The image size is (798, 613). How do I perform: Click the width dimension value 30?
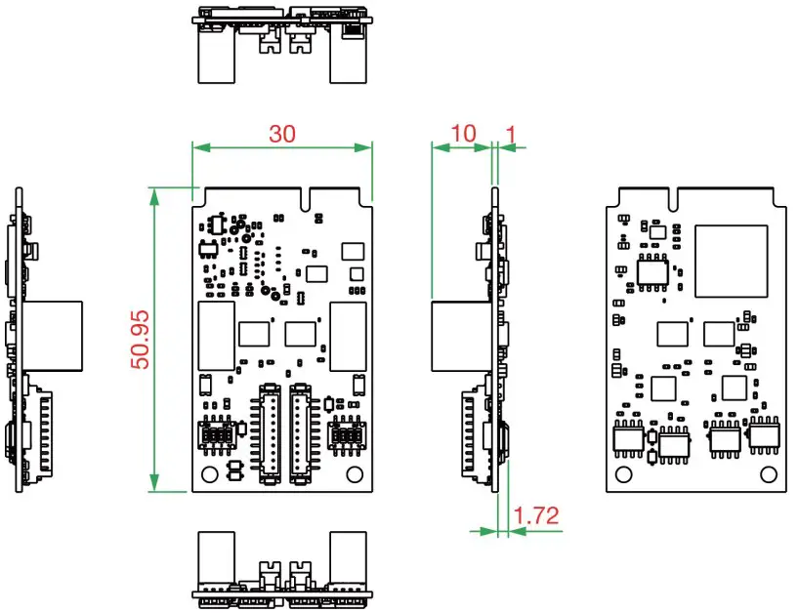[282, 134]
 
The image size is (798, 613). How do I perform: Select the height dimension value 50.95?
[141, 339]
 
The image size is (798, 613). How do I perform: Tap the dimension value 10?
[464, 133]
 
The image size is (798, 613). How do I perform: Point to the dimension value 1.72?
[536, 515]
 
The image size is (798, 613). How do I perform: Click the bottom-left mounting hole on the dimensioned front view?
[208, 473]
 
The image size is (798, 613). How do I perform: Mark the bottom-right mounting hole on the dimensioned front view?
[355, 473]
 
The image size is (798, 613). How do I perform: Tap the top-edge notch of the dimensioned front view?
[310, 198]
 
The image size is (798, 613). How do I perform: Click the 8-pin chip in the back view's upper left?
[652, 272]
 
